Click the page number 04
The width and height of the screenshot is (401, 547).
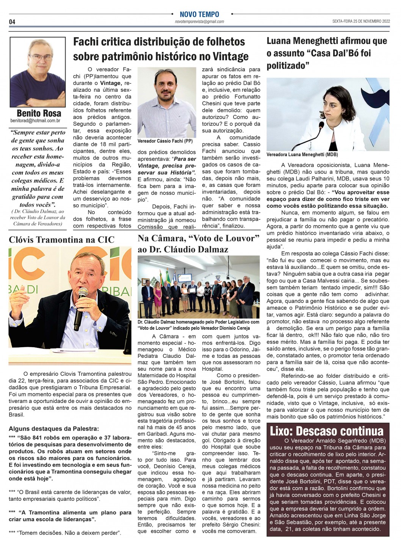pyautogui.click(x=12, y=22)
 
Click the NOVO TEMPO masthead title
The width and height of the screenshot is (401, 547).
pyautogui.click(x=199, y=14)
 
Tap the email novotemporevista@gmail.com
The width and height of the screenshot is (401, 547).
pyautogui.click(x=199, y=22)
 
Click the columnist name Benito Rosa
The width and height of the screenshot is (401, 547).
pyautogui.click(x=39, y=113)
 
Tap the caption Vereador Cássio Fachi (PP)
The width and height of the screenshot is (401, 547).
pyautogui.click(x=165, y=141)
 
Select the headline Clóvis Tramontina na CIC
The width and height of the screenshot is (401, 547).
pyautogui.click(x=61, y=240)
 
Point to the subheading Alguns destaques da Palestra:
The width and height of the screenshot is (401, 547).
pyautogui.click(x=53, y=429)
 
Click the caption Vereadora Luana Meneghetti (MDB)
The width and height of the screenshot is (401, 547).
pyautogui.click(x=297, y=155)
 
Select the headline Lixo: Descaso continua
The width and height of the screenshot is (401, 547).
pyautogui.click(x=326, y=431)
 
